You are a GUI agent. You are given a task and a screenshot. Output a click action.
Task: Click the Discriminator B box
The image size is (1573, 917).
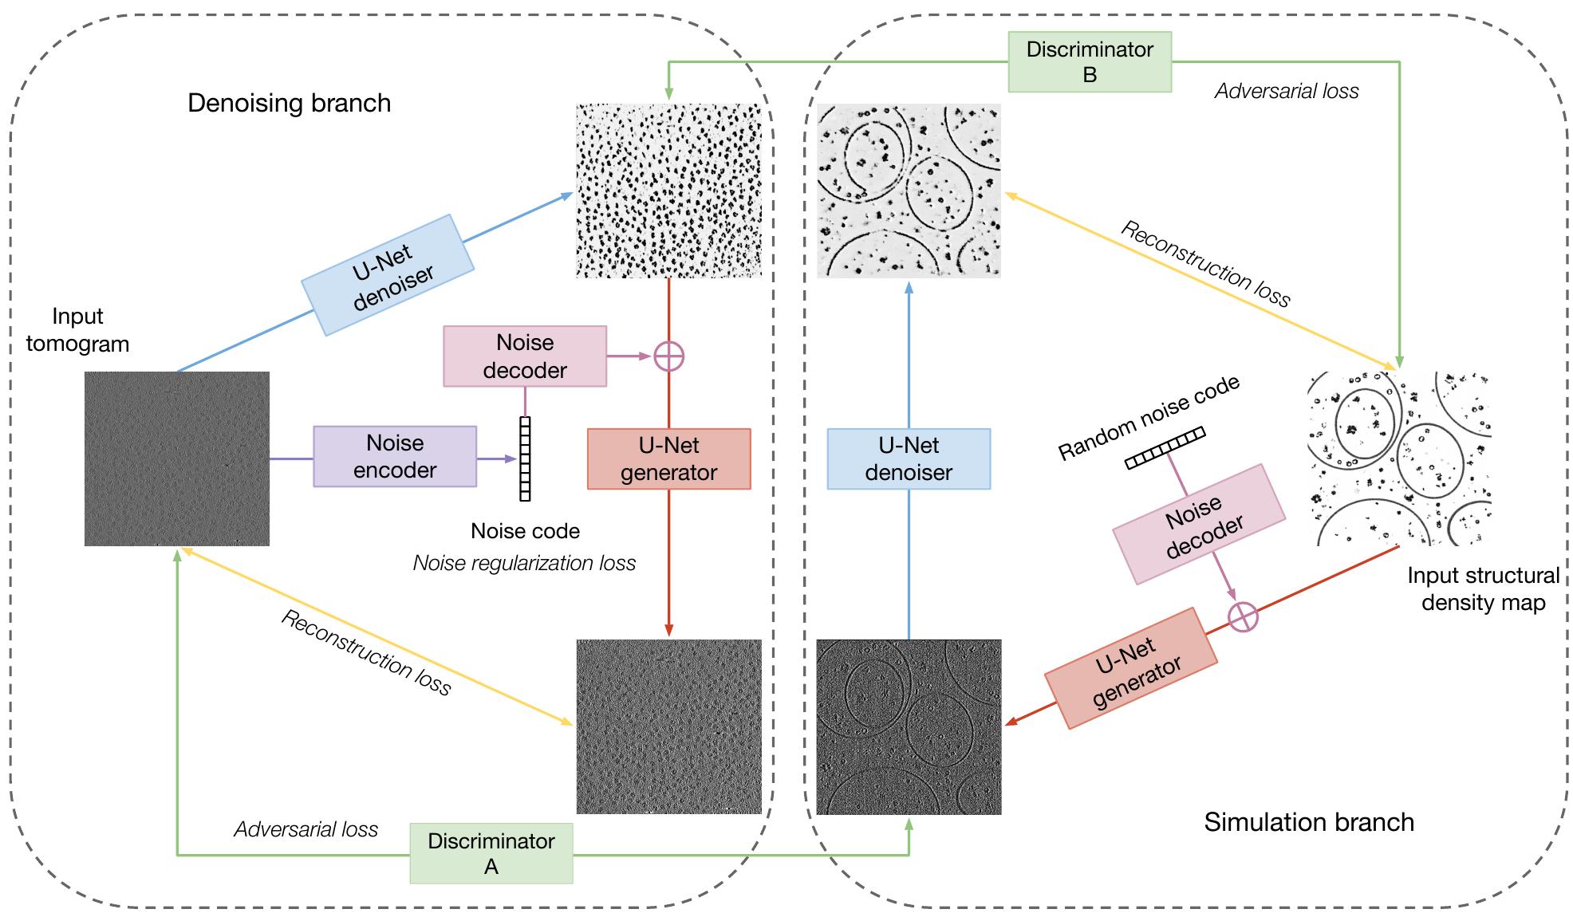(x=1090, y=62)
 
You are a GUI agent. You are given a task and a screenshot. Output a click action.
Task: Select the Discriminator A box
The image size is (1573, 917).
(x=491, y=853)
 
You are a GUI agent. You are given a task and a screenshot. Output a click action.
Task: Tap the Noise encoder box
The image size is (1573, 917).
(x=395, y=456)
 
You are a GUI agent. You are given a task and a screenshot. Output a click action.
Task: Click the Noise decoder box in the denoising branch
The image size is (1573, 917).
(x=525, y=356)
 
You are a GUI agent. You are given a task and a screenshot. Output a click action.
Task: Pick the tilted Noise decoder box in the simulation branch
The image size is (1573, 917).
(x=1199, y=525)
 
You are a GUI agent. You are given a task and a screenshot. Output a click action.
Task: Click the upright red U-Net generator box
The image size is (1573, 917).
(x=668, y=458)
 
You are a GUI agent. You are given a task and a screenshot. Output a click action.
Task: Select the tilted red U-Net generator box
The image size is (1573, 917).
(x=1131, y=668)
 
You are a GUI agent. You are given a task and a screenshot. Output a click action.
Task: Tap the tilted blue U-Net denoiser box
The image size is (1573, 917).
(x=388, y=274)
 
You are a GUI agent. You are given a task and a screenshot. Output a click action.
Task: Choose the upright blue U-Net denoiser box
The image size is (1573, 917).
(x=909, y=458)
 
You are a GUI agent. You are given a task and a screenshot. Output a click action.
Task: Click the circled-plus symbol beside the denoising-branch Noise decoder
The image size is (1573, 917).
(x=668, y=356)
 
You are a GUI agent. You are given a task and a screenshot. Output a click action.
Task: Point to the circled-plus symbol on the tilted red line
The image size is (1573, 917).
(x=1242, y=616)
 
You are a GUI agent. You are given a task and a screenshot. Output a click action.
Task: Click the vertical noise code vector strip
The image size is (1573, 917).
(x=525, y=458)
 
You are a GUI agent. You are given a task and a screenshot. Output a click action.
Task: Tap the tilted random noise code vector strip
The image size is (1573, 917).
(x=1165, y=448)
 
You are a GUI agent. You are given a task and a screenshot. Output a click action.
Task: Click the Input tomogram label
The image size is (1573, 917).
(x=77, y=330)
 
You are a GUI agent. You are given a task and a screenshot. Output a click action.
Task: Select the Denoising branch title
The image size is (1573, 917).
(x=289, y=103)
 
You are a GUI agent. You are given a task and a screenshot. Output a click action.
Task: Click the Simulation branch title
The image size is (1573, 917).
(x=1308, y=822)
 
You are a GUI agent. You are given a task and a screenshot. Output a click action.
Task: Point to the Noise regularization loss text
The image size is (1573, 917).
(x=524, y=563)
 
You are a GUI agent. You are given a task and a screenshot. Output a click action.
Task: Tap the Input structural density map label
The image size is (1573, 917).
(x=1483, y=588)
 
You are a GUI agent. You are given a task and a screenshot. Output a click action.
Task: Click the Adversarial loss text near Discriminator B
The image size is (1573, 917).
(x=1287, y=91)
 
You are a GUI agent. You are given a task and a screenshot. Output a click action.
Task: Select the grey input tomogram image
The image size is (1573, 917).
(x=177, y=458)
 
